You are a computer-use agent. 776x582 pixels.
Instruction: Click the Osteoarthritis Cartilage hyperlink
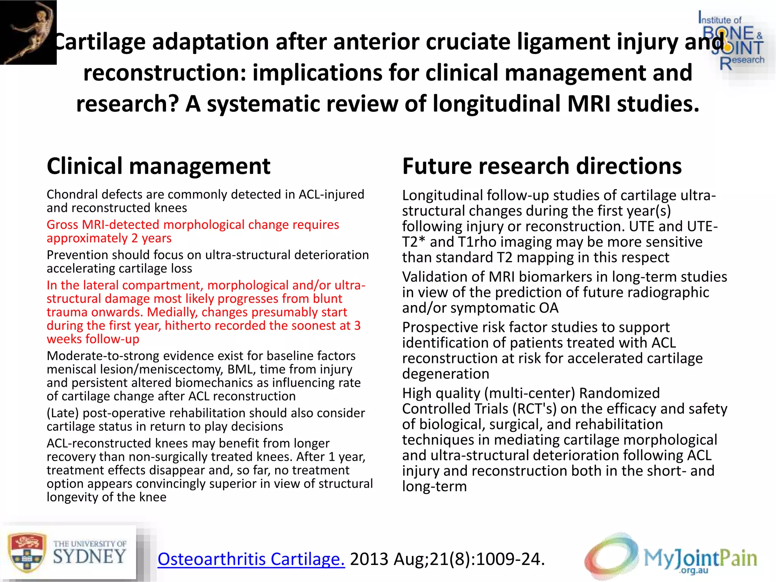(x=251, y=559)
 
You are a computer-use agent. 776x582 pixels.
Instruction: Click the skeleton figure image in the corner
(x=28, y=32)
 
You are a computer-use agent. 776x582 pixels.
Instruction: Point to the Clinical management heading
(x=158, y=166)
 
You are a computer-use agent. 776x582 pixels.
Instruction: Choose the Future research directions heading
(x=542, y=166)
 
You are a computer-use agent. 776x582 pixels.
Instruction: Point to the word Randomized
(x=619, y=393)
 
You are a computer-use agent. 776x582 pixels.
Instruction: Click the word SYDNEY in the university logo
(x=89, y=557)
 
